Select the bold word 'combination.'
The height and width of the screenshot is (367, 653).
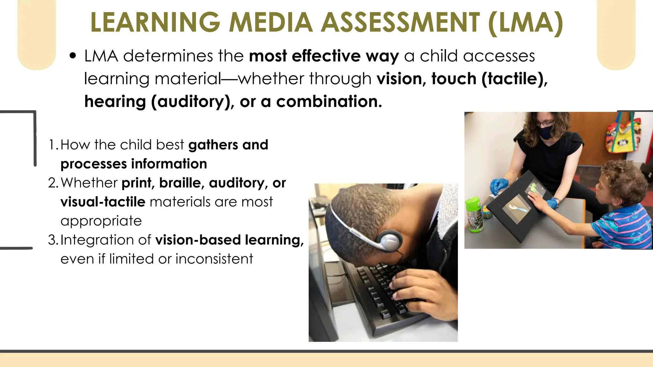pos(329,102)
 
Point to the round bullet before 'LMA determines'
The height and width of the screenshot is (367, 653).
pos(73,56)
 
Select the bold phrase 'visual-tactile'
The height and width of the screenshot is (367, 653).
pos(103,202)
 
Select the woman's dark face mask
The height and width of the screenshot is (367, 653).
pos(550,132)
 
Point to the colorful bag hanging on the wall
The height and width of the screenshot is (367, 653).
pos(624,135)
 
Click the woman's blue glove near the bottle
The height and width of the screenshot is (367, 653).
pos(499,186)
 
